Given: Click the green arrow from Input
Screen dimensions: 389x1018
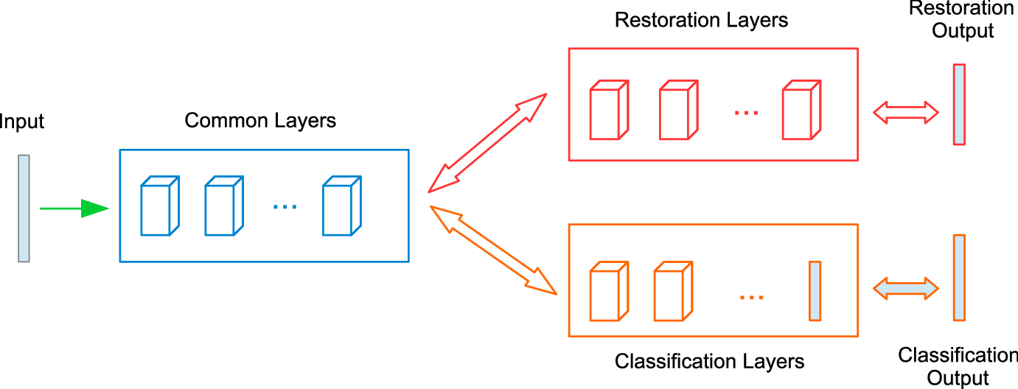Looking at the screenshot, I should click(x=74, y=208).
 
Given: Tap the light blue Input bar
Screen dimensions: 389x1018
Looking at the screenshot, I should click(x=24, y=208).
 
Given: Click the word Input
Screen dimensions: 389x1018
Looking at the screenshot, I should click(x=22, y=122).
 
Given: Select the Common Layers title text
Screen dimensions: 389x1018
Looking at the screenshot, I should click(x=260, y=120).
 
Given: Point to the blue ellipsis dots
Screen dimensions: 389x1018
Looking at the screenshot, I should click(x=285, y=207).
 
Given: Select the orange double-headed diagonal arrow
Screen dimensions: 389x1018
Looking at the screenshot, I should click(x=492, y=250).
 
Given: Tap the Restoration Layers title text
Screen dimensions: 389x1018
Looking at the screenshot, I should click(x=701, y=20).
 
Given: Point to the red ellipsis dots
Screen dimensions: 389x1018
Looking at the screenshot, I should click(x=746, y=113).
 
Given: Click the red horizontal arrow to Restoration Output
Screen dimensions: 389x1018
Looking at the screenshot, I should click(x=905, y=113).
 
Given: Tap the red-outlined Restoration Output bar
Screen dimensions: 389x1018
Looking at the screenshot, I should click(x=958, y=104).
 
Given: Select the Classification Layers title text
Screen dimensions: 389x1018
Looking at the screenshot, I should click(x=709, y=362).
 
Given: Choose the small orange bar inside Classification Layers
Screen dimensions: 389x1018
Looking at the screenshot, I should click(x=815, y=291).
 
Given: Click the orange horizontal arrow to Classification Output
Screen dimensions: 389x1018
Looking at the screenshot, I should click(x=905, y=287).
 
